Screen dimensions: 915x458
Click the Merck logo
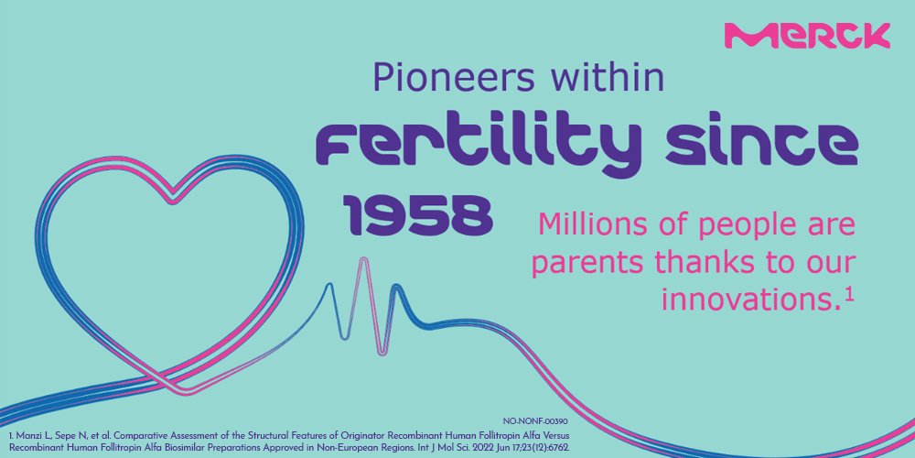807,36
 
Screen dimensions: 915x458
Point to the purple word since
761,144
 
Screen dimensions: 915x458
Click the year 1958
418,213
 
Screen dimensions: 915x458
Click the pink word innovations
751,299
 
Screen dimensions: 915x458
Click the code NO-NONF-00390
535,420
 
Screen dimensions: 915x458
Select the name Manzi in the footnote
28,437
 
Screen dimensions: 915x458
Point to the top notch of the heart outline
173,201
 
